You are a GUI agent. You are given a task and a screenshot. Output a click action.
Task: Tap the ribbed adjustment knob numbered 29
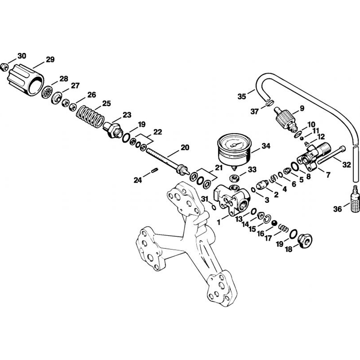pyautogui.click(x=26, y=80)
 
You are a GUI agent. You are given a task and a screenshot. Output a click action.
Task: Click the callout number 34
pyautogui.click(x=266, y=146)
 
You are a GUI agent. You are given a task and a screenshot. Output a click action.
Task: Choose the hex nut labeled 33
pyautogui.click(x=235, y=177)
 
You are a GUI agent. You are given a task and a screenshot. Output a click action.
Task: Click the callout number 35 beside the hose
pyautogui.click(x=242, y=96)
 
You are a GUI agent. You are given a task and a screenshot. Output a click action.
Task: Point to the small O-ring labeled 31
pyautogui.click(x=213, y=207)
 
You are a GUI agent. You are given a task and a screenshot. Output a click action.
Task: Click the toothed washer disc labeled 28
pyautogui.click(x=47, y=93)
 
